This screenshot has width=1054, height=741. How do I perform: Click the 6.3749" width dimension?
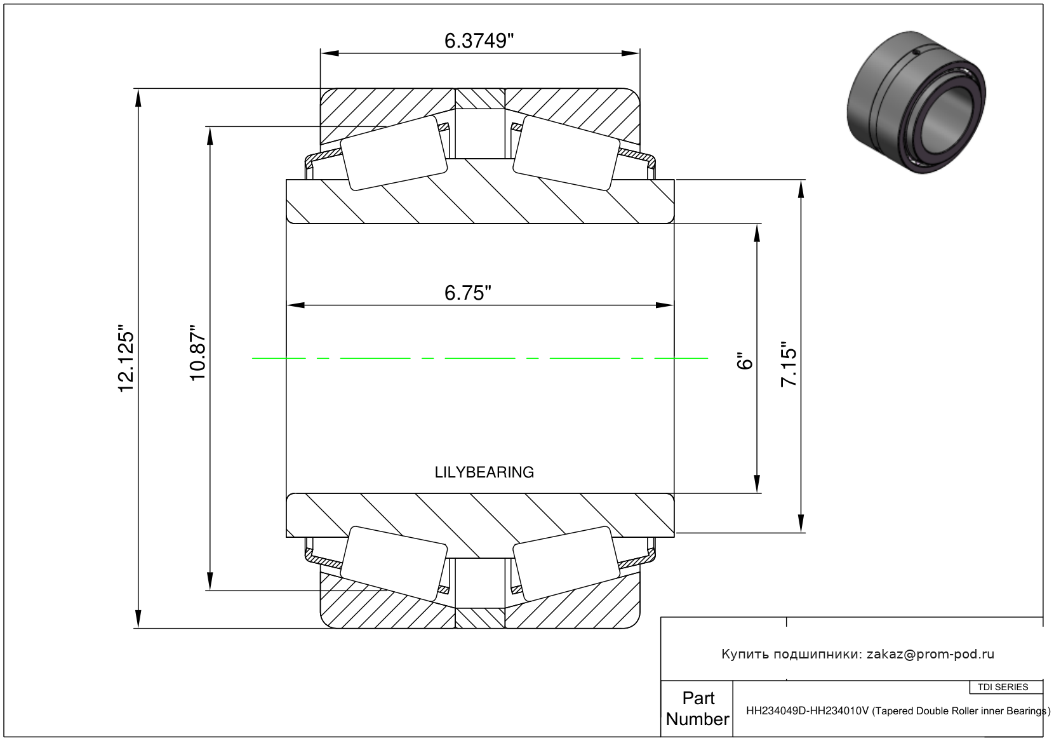[x=479, y=41]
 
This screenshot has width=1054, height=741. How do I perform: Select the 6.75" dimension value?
[x=468, y=293]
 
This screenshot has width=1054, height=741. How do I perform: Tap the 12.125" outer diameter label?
[x=126, y=357]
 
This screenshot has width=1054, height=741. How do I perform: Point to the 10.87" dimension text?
[x=198, y=352]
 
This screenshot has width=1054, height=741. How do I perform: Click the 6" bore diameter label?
[x=745, y=361]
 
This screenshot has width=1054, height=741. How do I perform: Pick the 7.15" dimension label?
[x=789, y=364]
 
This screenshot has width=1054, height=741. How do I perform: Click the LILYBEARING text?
[x=484, y=472]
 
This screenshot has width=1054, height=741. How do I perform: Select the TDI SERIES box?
[x=1003, y=687]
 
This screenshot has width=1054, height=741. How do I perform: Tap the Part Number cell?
[x=697, y=709]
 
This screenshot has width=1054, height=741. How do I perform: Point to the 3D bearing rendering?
[x=916, y=102]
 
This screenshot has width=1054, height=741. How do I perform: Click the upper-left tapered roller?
[x=394, y=153]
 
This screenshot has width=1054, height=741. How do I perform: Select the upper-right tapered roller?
[x=566, y=153]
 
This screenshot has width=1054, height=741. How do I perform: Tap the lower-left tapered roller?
[x=394, y=563]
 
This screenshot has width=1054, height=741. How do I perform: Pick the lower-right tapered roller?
[x=566, y=563]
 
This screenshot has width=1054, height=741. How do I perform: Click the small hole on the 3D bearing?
[x=915, y=52]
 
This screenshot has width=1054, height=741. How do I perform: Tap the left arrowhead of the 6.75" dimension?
[x=295, y=305]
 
